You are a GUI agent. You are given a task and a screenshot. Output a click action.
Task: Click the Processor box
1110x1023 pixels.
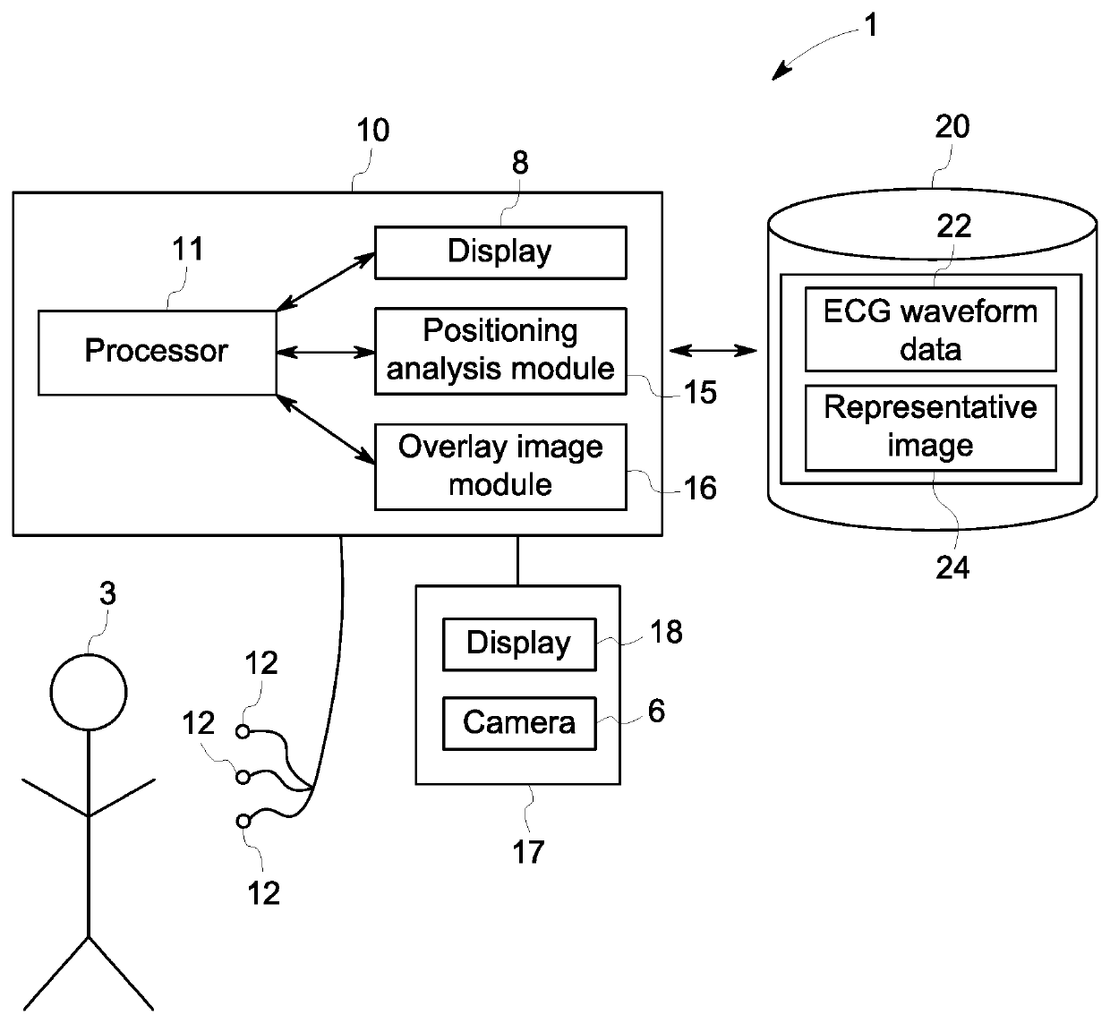(157, 352)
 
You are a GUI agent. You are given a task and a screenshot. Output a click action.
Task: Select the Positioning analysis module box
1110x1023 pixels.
(499, 351)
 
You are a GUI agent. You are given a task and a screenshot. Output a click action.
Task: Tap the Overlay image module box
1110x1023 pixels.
(499, 466)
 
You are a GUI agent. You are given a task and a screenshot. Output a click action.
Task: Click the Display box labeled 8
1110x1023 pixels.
(499, 252)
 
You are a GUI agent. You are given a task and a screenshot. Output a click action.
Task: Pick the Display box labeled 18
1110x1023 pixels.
(519, 644)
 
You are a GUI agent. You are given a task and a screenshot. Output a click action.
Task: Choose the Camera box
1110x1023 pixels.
(519, 723)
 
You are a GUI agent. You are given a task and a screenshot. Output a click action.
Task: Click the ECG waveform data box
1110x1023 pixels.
(930, 329)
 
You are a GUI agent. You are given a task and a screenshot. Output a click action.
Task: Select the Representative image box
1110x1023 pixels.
(930, 427)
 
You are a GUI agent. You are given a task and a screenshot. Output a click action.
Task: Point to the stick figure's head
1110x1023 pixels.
(89, 693)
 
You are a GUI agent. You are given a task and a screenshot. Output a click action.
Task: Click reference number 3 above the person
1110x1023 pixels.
(107, 594)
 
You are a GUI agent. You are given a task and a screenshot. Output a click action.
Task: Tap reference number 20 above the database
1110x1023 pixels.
(952, 127)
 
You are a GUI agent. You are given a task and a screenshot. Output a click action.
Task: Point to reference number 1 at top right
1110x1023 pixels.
(869, 26)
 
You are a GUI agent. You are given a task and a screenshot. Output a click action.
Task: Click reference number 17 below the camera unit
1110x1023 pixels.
(528, 851)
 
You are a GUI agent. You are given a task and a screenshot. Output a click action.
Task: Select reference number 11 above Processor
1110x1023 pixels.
(187, 249)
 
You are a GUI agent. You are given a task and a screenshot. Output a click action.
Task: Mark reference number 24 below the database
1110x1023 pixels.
(952, 567)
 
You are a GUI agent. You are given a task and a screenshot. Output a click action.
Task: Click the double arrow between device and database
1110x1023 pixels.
(713, 350)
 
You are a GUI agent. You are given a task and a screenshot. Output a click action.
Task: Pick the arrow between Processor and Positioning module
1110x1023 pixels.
(325, 352)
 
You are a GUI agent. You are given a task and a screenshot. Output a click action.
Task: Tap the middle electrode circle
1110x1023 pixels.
(243, 777)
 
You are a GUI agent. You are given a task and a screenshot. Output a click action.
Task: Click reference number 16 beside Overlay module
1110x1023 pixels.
(700, 488)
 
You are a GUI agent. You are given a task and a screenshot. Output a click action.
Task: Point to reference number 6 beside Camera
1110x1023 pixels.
(656, 711)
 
